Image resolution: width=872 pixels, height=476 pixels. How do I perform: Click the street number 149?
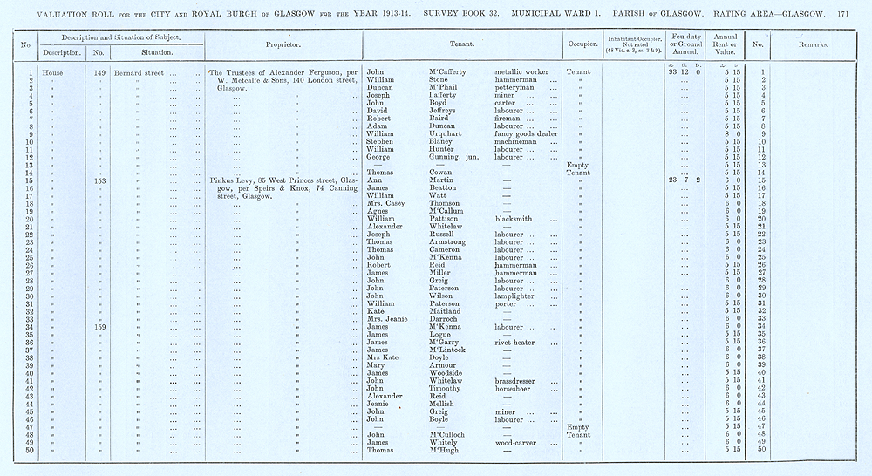(x=99, y=72)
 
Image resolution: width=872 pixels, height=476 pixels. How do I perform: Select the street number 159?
(x=99, y=326)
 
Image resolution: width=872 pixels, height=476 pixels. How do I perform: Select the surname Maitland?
(x=447, y=310)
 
